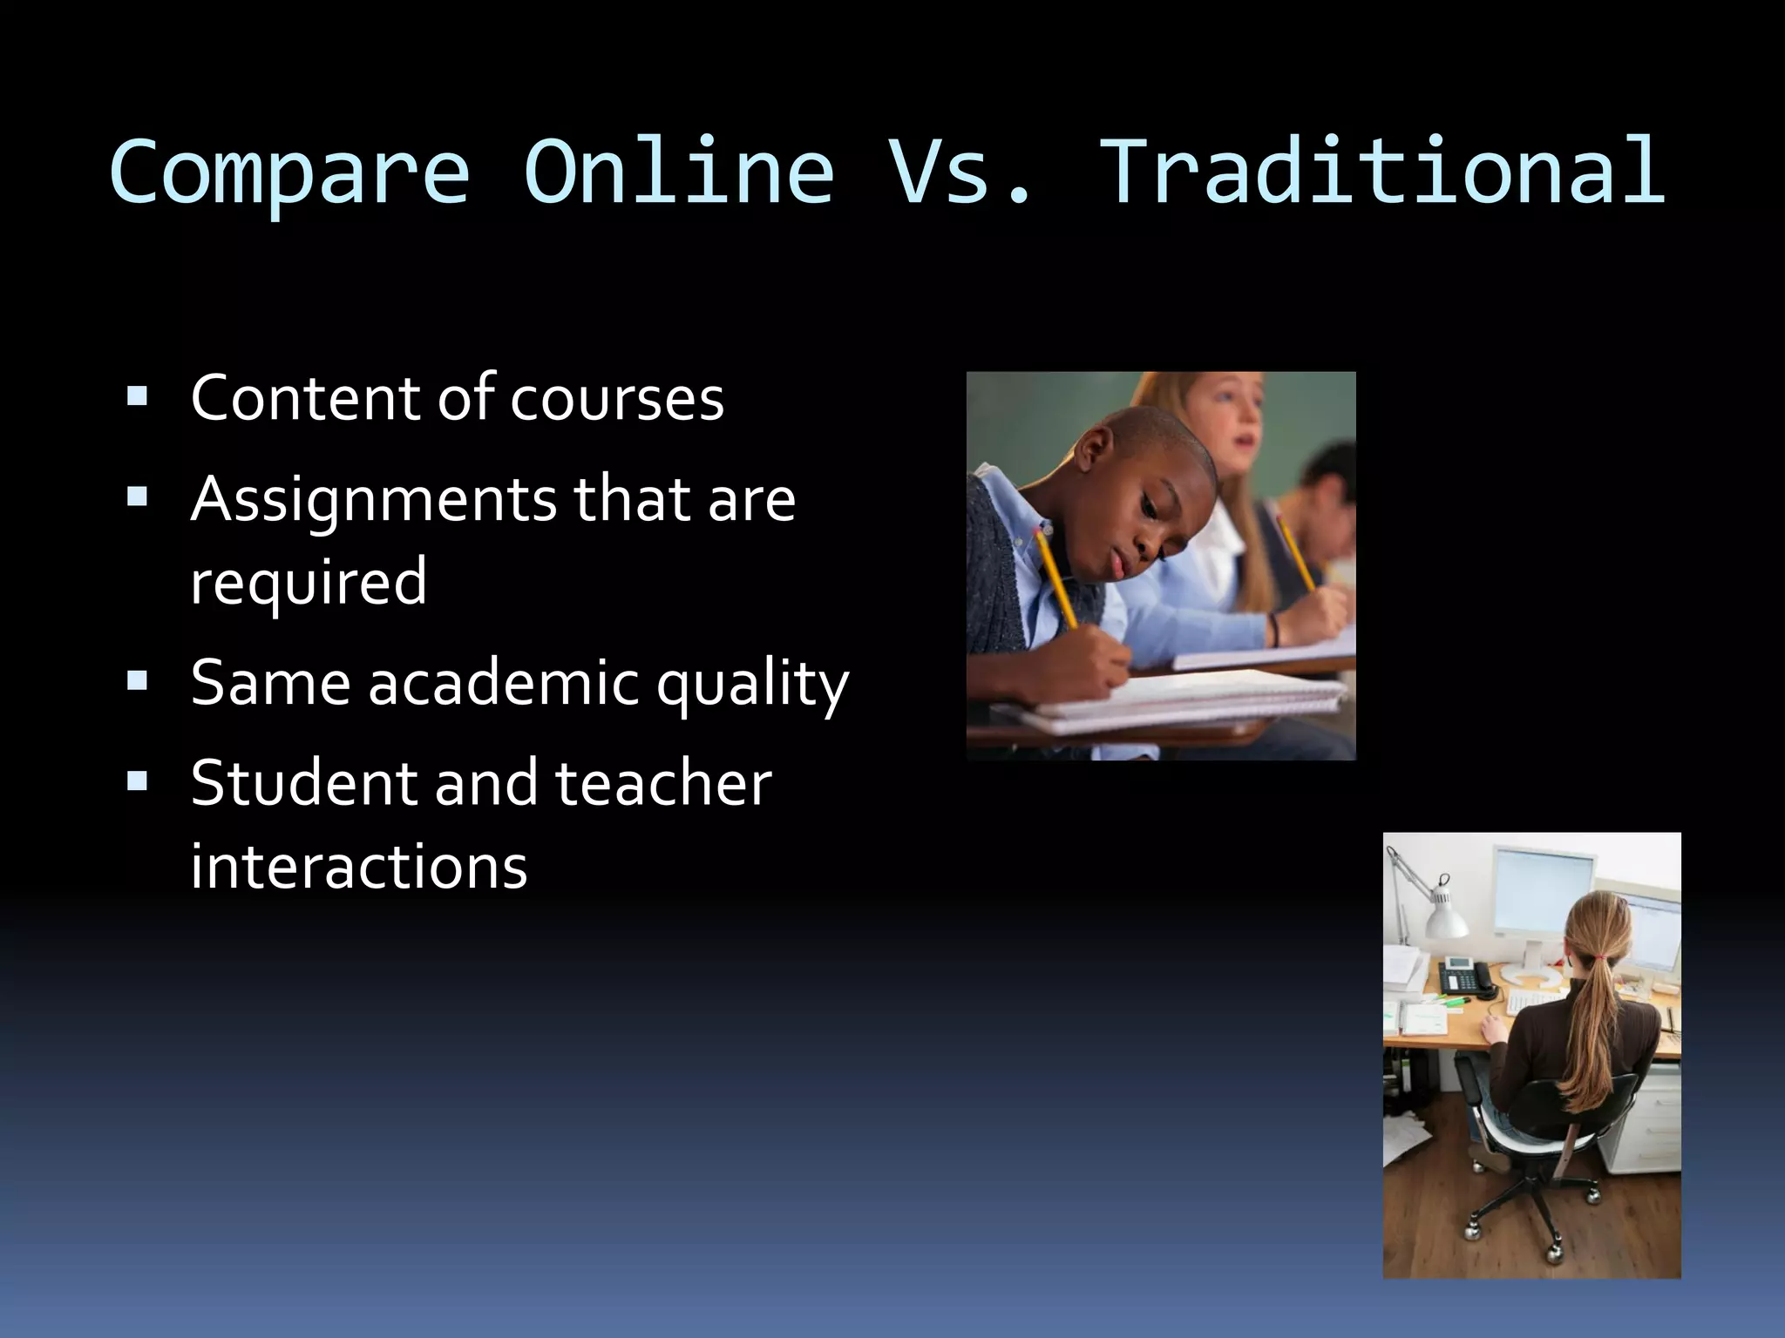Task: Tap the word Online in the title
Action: coord(678,172)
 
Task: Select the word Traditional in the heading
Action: coord(1383,172)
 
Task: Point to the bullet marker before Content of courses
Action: coord(137,398)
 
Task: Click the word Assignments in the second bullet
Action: coord(373,501)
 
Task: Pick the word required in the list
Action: coord(309,581)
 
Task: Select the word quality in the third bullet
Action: coord(751,685)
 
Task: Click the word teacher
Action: coord(662,782)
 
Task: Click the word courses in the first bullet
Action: coord(616,398)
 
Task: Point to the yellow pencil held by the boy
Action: coord(1056,575)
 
